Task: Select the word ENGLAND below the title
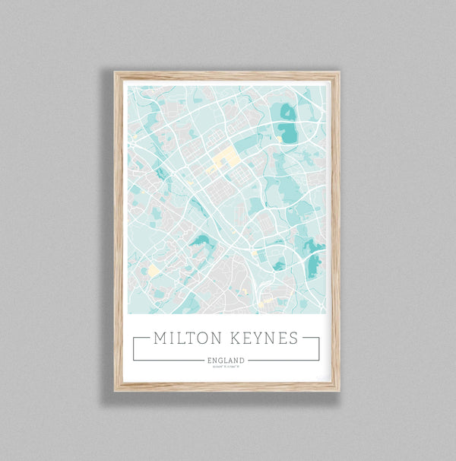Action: [x=226, y=360]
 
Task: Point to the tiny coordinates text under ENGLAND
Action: [x=226, y=367]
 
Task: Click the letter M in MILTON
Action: [x=160, y=339]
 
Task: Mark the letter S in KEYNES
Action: [x=293, y=339]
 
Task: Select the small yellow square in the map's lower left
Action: [x=153, y=270]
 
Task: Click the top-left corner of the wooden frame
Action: [x=116, y=73]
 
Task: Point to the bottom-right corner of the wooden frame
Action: [x=339, y=390]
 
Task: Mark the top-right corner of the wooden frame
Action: [x=339, y=73]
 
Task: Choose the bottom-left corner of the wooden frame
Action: [x=116, y=390]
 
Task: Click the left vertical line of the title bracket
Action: [x=133, y=348]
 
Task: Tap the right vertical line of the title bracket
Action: [x=319, y=348]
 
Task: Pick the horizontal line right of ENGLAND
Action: [x=283, y=360]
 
